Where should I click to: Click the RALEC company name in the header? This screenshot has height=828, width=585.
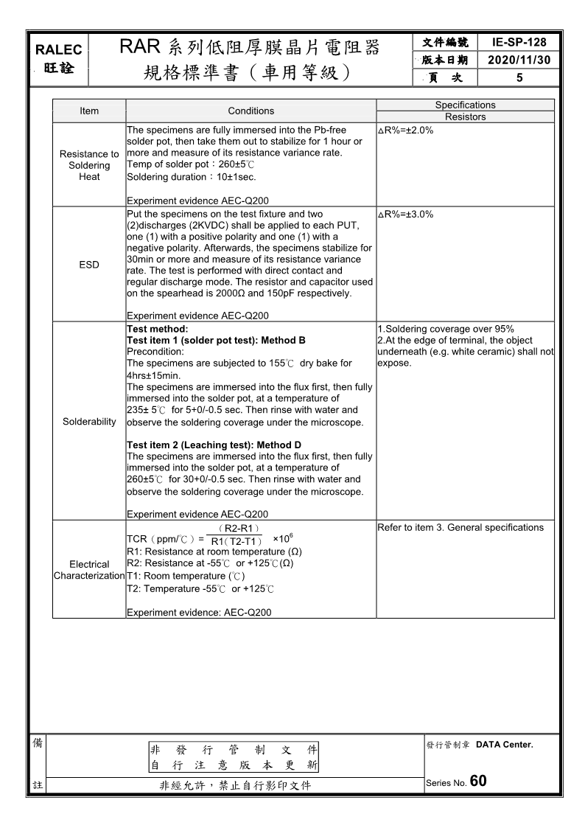click(59, 50)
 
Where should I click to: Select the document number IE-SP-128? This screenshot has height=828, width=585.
click(519, 43)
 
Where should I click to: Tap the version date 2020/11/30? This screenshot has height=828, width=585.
click(519, 60)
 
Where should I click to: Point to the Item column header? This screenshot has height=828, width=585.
click(89, 111)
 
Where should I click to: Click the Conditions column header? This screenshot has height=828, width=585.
click(251, 111)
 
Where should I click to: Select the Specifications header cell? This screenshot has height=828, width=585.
click(465, 105)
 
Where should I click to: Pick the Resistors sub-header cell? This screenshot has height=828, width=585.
click(465, 116)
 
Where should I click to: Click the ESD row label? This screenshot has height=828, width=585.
click(89, 265)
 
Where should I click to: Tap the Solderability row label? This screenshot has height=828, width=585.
click(89, 422)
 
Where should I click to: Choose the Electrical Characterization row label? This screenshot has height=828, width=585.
click(89, 570)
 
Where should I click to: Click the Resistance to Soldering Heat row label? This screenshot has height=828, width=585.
click(89, 165)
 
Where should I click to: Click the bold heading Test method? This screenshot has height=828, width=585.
click(158, 329)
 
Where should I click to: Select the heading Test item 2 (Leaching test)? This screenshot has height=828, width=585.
click(214, 445)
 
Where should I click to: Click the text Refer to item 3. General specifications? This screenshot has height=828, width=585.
click(460, 527)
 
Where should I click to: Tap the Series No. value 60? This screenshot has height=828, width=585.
click(477, 782)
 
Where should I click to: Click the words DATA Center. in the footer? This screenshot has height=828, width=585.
click(504, 745)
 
